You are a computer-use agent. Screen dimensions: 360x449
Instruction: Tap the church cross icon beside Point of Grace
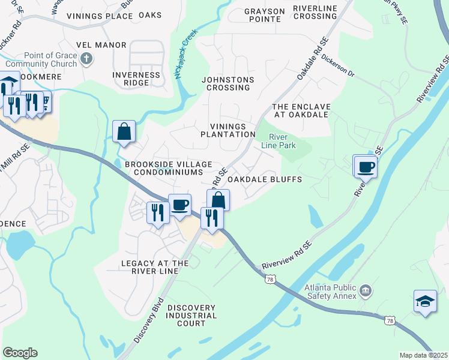(x=86, y=59)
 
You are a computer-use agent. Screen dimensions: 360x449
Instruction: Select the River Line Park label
(x=278, y=140)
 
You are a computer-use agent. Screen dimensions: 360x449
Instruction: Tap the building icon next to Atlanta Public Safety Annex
(x=366, y=292)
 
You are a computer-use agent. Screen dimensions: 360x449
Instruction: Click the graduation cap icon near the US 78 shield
(x=425, y=301)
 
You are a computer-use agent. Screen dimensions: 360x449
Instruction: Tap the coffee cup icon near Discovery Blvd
(x=179, y=205)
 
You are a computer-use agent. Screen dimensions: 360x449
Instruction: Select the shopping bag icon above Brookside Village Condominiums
(x=124, y=131)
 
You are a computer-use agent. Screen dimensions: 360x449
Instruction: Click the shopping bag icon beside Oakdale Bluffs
(x=218, y=200)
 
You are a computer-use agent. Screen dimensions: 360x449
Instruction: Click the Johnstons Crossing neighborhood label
(x=228, y=83)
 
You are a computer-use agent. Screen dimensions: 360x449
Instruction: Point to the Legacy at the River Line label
(x=154, y=267)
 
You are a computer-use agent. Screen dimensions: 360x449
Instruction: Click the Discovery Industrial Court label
(x=191, y=316)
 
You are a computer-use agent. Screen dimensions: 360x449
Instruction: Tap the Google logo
(x=20, y=353)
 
